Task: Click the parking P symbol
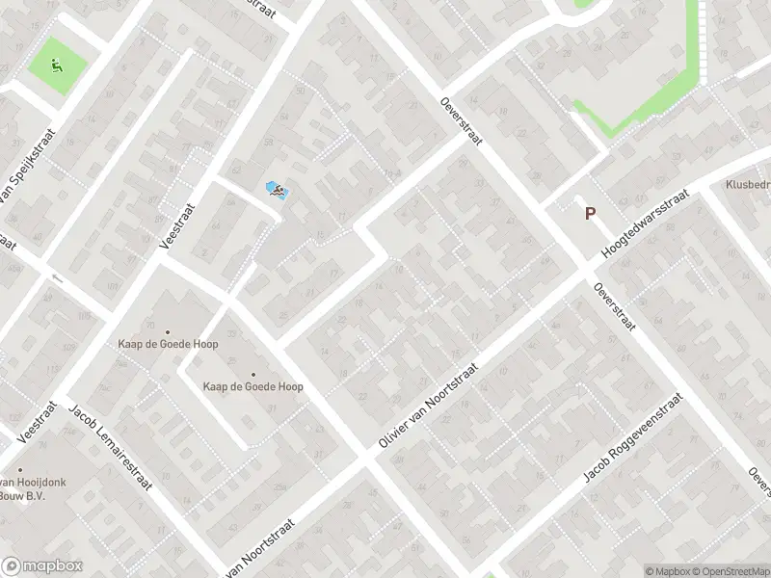pyautogui.click(x=590, y=215)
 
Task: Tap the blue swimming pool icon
pyautogui.click(x=276, y=192)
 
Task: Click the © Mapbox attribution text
pyautogui.click(x=666, y=571)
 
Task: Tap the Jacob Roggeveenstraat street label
pyautogui.click(x=632, y=438)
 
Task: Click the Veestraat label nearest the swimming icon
pyautogui.click(x=178, y=224)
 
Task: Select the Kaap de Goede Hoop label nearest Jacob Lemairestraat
pyautogui.click(x=168, y=344)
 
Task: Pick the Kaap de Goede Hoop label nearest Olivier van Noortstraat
pyautogui.click(x=253, y=386)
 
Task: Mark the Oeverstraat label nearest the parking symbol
pyautogui.click(x=614, y=306)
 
